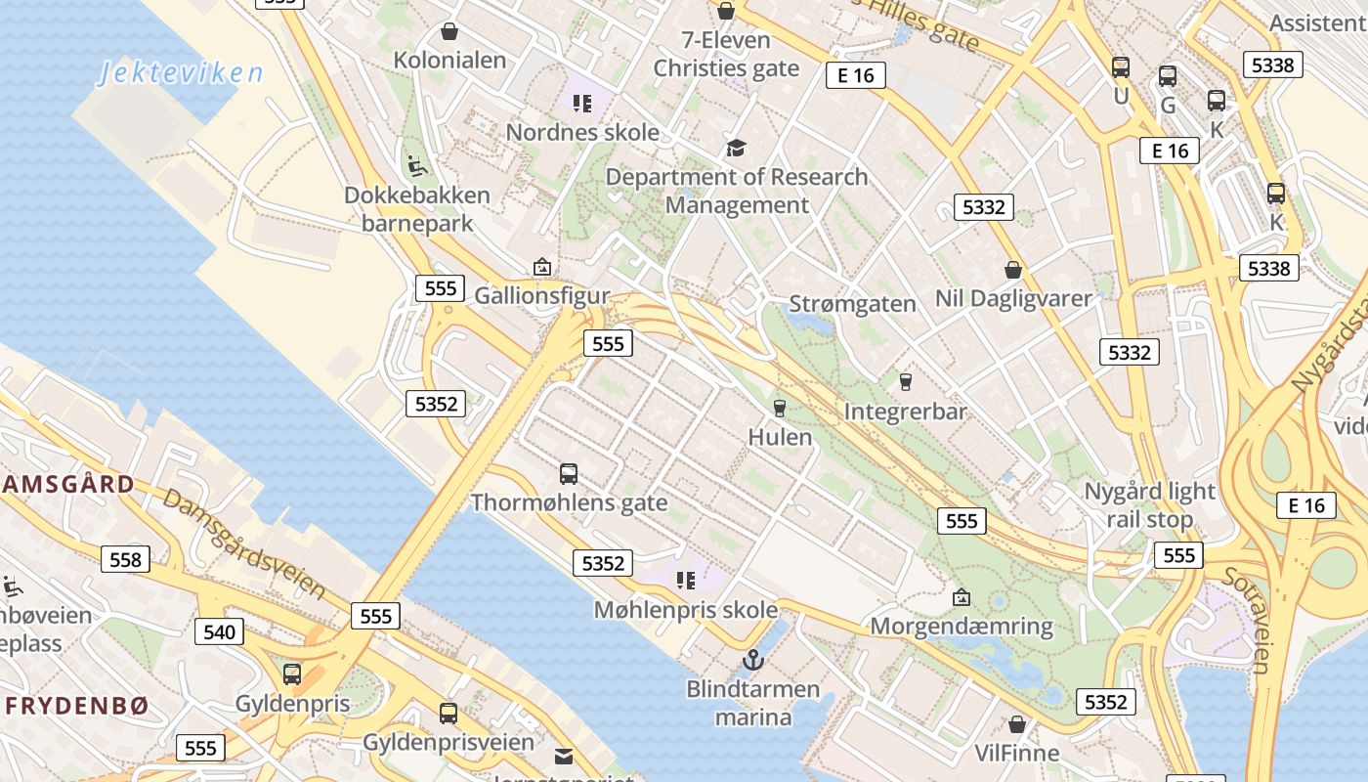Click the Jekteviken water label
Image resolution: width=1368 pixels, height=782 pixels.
(181, 73)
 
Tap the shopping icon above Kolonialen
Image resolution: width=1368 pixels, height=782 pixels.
(449, 31)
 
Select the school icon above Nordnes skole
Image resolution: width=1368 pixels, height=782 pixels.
(582, 103)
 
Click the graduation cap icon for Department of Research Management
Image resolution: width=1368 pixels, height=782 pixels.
(736, 148)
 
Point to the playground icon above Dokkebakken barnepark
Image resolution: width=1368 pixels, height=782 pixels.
(417, 165)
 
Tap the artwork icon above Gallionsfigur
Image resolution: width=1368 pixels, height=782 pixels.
(541, 266)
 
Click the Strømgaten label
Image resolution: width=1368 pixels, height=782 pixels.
(852, 304)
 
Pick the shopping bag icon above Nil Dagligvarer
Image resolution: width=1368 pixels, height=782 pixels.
(1013, 269)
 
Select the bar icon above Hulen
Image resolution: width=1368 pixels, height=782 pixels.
(780, 408)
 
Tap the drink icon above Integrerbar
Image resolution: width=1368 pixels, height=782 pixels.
(905, 381)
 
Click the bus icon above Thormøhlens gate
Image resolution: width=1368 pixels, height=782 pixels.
(569, 474)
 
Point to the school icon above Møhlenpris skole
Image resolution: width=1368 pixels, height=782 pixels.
(686, 581)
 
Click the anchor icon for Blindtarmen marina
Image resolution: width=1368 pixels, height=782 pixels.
(752, 660)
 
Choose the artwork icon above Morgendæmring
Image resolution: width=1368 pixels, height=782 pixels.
(962, 596)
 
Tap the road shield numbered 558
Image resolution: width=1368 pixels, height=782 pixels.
(126, 560)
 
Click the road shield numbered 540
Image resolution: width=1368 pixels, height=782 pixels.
(219, 631)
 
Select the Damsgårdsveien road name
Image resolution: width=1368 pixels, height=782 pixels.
(244, 543)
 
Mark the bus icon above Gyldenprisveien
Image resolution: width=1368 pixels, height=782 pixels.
(449, 714)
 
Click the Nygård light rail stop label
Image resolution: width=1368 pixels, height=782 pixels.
(1150, 504)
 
